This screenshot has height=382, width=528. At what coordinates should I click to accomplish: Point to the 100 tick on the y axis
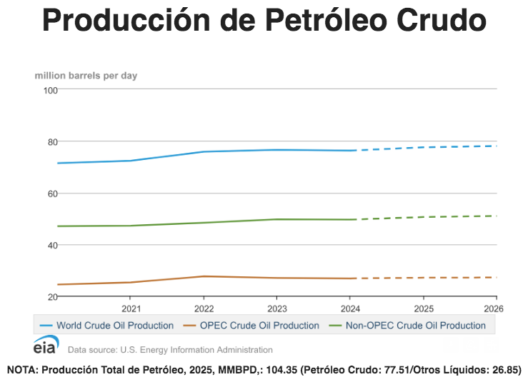click(50, 90)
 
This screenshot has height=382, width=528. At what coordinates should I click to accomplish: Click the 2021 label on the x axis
click(131, 309)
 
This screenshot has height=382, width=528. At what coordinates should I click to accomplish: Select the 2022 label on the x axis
click(204, 309)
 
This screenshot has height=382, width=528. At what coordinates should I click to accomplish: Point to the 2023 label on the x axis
click(277, 309)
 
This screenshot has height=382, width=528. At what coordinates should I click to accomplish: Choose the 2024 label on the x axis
click(350, 309)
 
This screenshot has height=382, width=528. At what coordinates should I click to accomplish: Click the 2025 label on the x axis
click(423, 309)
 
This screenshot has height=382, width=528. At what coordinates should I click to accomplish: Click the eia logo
click(46, 346)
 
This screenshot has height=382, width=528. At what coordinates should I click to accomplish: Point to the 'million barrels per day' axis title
click(86, 75)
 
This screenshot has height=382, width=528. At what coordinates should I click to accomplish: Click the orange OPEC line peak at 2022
click(204, 276)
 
